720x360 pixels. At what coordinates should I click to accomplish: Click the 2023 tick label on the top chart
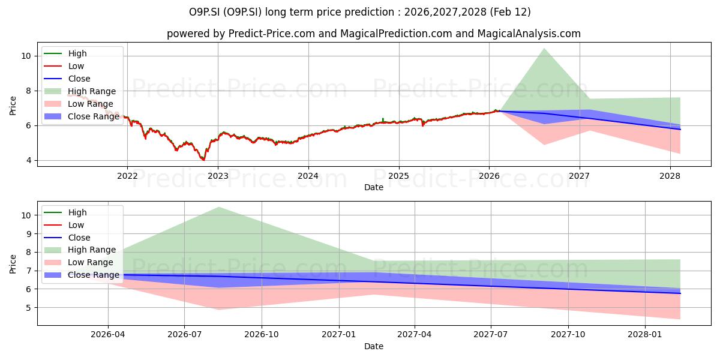point(217,176)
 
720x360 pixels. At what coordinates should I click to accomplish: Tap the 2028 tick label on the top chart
point(670,176)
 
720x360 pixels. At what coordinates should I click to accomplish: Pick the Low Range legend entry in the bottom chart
point(91,262)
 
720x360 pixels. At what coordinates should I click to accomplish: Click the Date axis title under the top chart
point(373,187)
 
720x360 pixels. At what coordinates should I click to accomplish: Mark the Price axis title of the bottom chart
point(13,263)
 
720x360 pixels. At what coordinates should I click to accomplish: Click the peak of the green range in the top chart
point(544,49)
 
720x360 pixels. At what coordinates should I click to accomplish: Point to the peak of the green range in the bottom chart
point(219,208)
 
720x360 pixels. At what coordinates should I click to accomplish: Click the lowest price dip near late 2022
point(203,160)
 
